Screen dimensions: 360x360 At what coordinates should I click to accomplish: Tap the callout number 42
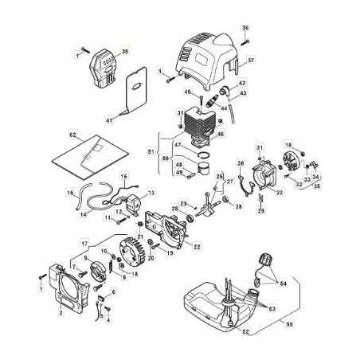click(242, 83)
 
